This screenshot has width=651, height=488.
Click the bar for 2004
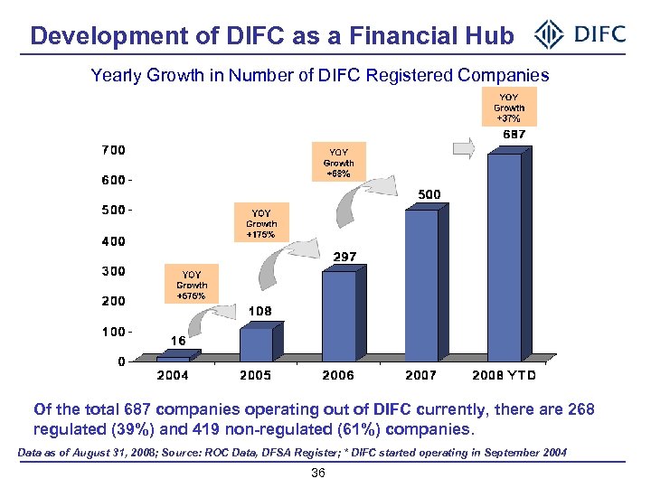174,358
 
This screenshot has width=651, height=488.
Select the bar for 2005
257,343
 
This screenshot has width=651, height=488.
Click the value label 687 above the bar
514,135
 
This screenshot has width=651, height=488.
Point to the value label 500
429,194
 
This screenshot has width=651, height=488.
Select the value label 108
260,312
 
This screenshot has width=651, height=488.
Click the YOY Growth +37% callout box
509,107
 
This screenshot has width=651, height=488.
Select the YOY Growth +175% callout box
261,223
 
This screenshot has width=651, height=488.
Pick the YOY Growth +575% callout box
192,285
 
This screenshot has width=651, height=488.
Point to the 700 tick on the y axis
113,149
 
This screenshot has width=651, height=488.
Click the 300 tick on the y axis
113,270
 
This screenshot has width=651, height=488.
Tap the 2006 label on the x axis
338,375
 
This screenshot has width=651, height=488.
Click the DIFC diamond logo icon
549,36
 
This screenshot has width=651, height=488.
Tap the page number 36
317,474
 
